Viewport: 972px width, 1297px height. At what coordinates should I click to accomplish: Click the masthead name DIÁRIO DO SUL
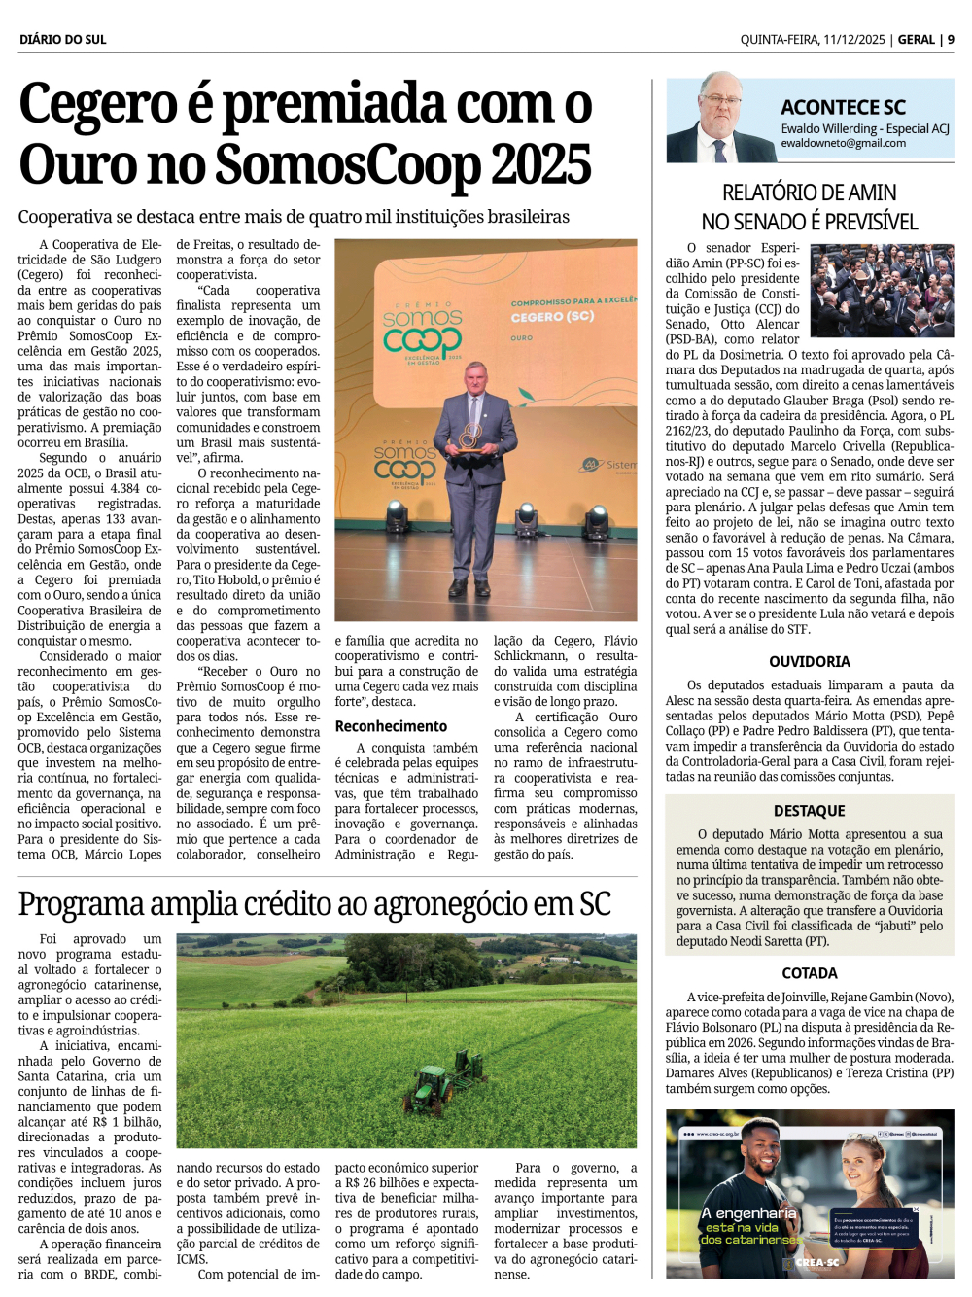[63, 40]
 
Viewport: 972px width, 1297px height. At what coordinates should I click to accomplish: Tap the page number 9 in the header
[951, 40]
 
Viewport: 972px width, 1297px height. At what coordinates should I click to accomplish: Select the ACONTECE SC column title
[843, 108]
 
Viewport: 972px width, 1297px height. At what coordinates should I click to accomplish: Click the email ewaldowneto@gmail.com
[843, 143]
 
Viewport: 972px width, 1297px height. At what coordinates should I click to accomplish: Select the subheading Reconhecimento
[391, 726]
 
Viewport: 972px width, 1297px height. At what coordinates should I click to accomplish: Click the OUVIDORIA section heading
[810, 662]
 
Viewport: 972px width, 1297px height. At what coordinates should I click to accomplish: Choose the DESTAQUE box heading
[810, 811]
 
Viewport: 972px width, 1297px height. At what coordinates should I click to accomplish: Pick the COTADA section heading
[810, 973]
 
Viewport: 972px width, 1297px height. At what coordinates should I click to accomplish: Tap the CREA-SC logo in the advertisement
[816, 1262]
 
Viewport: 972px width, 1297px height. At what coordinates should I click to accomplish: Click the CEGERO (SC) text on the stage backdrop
[552, 317]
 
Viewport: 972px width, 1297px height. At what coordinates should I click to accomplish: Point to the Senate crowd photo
[882, 290]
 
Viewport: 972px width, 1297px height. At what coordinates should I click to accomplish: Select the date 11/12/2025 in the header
[853, 40]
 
